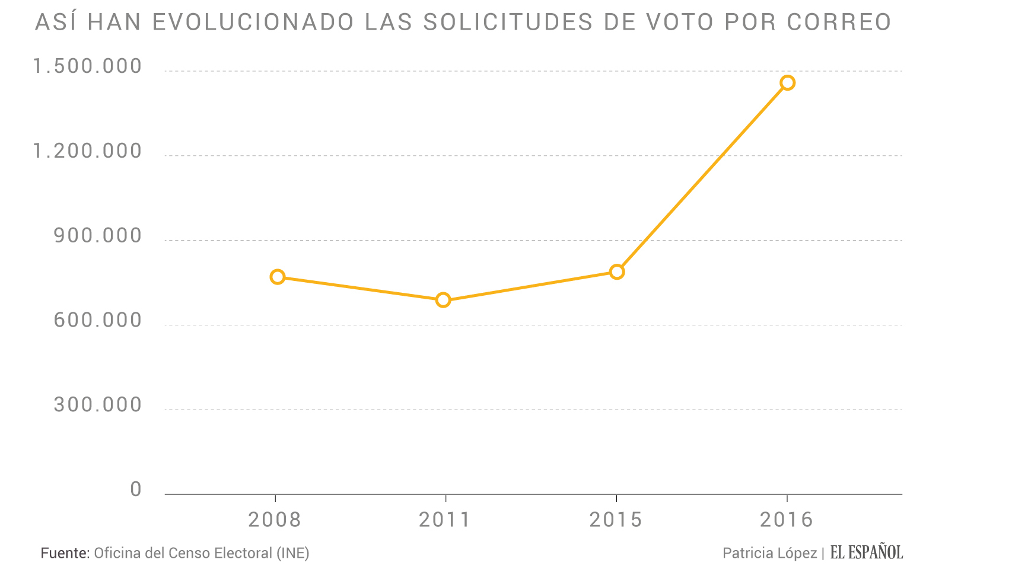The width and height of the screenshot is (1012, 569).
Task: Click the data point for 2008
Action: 277,277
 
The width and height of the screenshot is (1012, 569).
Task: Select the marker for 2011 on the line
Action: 443,300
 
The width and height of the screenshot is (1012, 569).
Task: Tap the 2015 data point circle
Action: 617,272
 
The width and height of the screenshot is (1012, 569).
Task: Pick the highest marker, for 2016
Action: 787,83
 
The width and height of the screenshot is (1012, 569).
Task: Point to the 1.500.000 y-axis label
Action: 88,66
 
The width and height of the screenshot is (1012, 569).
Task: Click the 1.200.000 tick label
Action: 88,151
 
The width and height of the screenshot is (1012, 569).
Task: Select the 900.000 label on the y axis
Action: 98,236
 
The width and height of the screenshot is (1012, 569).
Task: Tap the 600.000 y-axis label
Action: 98,321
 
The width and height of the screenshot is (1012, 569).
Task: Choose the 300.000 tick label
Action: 98,405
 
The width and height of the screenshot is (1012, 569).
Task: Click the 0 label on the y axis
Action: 136,490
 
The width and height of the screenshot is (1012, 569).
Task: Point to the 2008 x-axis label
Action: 275,520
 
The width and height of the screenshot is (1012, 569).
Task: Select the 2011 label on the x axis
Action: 445,520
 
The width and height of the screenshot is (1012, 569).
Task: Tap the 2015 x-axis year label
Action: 616,520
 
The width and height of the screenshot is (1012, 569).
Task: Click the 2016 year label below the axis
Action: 787,520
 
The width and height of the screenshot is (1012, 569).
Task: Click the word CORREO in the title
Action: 839,23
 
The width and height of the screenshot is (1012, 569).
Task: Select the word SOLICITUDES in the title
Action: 508,23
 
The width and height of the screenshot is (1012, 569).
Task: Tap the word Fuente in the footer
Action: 65,553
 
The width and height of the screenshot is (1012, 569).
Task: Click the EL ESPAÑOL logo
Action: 866,552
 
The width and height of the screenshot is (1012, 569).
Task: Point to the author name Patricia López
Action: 769,553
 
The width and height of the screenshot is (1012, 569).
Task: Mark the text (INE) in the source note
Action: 293,553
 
